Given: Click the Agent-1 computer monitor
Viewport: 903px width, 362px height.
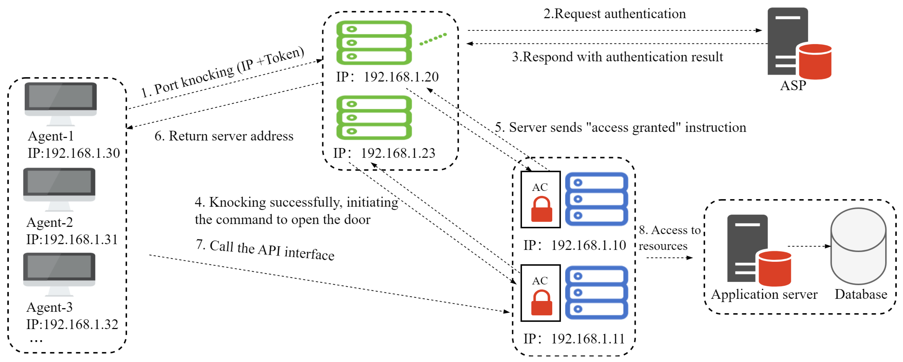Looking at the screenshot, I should click(x=61, y=100).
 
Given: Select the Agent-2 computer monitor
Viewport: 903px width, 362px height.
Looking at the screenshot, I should click(x=59, y=185).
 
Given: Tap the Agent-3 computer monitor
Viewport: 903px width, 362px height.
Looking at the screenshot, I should click(x=59, y=270).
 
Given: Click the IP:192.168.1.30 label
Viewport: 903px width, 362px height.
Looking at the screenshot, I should click(x=74, y=153).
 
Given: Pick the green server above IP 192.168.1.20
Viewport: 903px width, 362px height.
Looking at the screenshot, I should click(x=374, y=43).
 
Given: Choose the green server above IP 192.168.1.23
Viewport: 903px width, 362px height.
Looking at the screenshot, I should click(x=374, y=118).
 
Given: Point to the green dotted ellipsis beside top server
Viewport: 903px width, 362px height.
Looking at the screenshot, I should click(x=433, y=39).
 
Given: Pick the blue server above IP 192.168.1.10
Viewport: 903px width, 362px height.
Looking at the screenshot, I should click(x=596, y=199).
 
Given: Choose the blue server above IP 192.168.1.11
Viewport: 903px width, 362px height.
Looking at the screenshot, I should click(x=596, y=293).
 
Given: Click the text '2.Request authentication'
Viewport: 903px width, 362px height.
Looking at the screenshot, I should click(x=614, y=14).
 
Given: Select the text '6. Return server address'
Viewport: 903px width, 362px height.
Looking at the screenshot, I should click(x=224, y=136).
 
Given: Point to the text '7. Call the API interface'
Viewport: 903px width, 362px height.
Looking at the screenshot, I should click(x=265, y=250).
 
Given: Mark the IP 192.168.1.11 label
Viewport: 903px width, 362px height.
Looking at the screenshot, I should click(x=574, y=339).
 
